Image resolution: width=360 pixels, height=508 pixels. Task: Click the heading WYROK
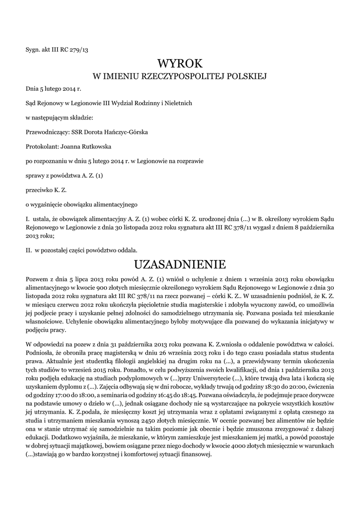pos(180,63)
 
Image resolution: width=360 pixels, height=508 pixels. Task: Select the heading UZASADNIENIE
pos(180,263)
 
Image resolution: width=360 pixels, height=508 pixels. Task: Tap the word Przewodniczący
pos(48,132)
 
